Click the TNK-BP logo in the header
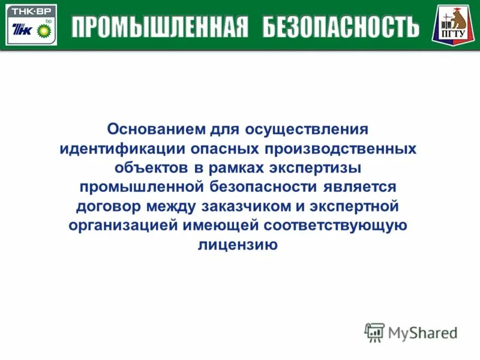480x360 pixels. point(31,25)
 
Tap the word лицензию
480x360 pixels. point(238,245)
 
